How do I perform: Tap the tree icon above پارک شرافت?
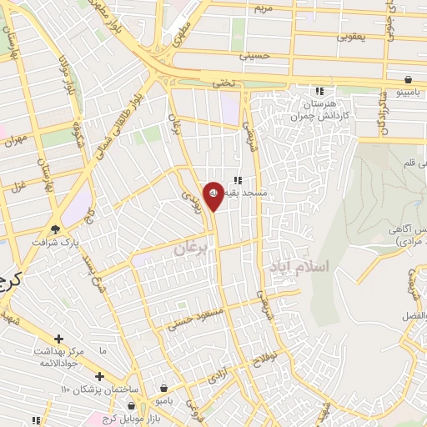pos(56,230)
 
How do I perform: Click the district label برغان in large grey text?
pos(190,249)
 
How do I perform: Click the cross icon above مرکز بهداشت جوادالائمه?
pos(58,339)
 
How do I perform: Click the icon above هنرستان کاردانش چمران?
pos(318,92)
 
